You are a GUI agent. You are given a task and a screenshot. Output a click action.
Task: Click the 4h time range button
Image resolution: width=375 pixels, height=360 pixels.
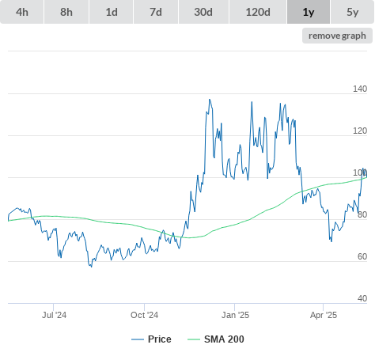(x=22, y=12)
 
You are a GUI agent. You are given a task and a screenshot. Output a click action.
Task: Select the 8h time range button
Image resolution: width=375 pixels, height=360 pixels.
(x=66, y=12)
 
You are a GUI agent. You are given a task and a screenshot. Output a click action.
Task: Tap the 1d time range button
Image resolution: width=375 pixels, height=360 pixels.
(x=112, y=12)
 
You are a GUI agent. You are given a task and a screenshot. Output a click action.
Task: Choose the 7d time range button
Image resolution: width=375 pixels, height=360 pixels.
(x=156, y=12)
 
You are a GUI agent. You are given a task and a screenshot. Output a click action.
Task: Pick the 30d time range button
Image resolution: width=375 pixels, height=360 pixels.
(x=203, y=12)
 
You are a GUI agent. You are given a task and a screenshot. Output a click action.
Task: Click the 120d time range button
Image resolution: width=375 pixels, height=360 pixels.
(x=258, y=12)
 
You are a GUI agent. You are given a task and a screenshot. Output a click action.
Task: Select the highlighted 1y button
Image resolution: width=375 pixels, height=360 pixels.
(x=309, y=12)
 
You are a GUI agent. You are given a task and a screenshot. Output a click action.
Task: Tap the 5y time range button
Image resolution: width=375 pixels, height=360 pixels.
(x=353, y=12)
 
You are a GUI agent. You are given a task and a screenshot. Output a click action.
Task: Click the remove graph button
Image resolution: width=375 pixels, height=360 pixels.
(x=337, y=36)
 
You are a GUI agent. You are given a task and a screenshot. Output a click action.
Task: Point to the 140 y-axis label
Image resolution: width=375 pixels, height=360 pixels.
(x=360, y=89)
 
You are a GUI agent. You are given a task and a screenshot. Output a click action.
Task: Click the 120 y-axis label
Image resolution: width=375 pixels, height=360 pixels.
(x=360, y=131)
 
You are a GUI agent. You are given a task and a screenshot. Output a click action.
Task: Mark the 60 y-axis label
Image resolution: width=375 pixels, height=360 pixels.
(x=362, y=256)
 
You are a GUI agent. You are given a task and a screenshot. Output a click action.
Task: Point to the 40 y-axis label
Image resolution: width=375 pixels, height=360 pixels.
(x=362, y=298)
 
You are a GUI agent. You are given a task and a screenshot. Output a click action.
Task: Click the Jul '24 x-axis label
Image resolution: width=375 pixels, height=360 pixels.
(x=54, y=315)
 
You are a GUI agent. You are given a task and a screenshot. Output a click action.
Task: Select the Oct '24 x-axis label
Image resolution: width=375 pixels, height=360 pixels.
(x=145, y=315)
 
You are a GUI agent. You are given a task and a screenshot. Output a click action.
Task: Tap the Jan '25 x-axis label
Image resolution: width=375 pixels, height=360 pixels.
(x=235, y=315)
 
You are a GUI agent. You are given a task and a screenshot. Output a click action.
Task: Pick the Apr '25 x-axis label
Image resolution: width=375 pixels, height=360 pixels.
(x=324, y=315)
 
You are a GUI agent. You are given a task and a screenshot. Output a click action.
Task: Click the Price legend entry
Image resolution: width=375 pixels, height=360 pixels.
(x=151, y=339)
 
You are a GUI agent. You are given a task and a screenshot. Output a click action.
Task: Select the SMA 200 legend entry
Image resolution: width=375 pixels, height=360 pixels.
(x=216, y=339)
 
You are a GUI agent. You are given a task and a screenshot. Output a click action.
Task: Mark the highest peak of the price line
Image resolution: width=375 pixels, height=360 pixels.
(x=210, y=100)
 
